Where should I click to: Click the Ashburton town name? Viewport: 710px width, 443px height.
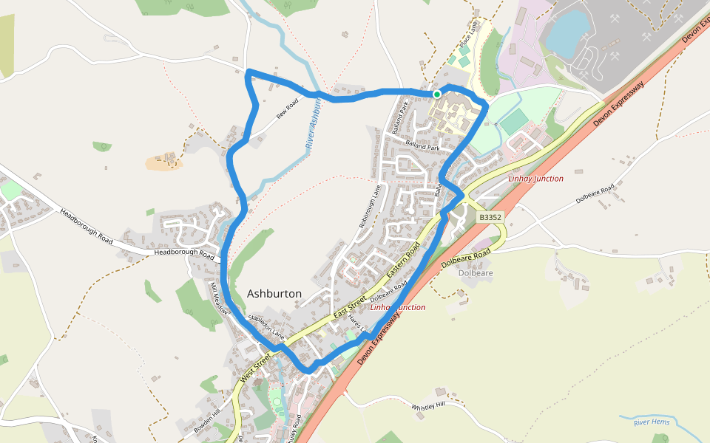(274, 294)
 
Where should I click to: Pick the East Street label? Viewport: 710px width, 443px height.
(350, 303)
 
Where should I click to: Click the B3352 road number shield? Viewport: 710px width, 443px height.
(490, 218)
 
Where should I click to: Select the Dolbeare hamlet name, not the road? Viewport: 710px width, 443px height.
(476, 273)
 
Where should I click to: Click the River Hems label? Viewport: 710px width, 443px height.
(652, 422)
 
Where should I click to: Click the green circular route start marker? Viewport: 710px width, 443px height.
(437, 95)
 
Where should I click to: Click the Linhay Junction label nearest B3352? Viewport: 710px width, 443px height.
(536, 179)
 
